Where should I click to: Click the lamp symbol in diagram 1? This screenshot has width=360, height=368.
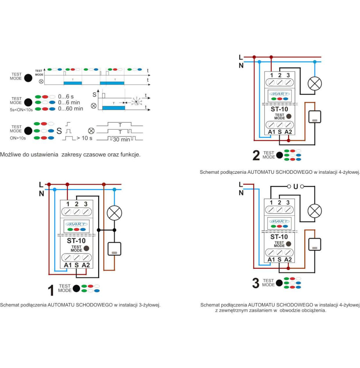[114, 213]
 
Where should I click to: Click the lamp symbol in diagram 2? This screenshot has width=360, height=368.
[314, 84]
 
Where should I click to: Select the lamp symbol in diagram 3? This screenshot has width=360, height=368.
[314, 211]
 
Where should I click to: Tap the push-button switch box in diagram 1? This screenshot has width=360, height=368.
[114, 249]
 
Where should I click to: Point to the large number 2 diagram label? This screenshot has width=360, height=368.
[256, 155]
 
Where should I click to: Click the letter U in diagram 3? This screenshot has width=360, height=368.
[295, 187]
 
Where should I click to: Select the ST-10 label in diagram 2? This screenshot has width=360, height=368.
[279, 109]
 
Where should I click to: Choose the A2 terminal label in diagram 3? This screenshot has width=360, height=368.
[288, 259]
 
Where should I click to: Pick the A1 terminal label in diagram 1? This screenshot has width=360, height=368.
[67, 265]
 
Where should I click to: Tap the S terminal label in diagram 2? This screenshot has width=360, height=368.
[280, 132]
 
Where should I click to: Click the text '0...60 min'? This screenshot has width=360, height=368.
[71, 109]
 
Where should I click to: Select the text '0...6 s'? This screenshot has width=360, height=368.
[66, 96]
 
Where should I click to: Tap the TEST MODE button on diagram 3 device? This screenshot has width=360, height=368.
[289, 244]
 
